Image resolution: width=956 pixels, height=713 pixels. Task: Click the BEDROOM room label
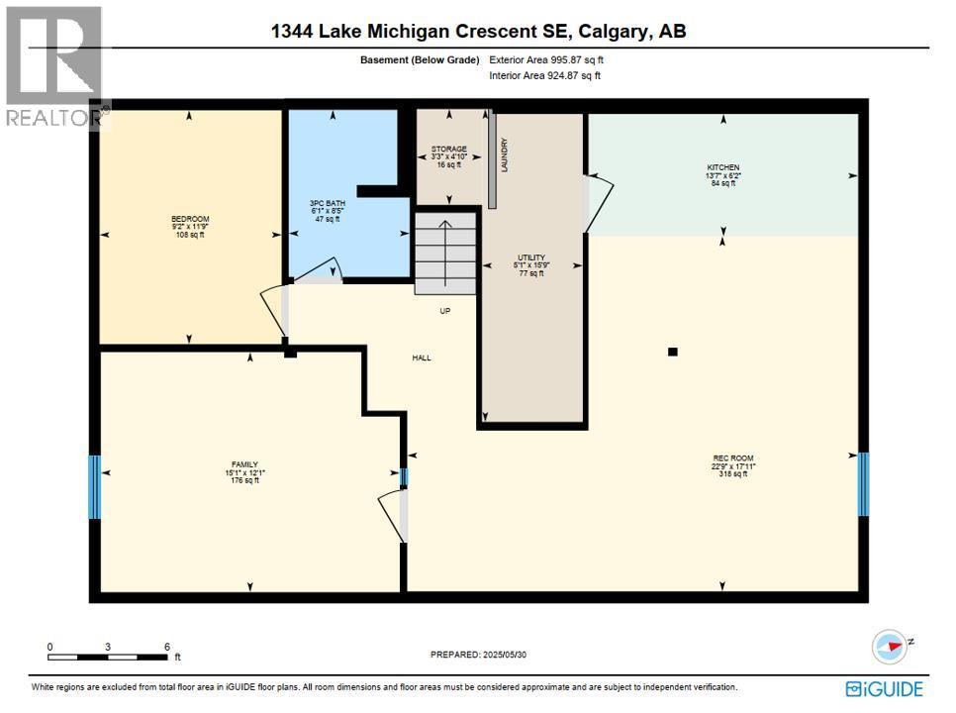[x=190, y=219]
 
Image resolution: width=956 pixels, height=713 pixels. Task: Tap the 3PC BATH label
[x=325, y=204]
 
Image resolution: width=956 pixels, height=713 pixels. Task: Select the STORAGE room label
[x=448, y=150]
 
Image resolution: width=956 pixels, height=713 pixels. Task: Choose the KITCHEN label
[x=722, y=167]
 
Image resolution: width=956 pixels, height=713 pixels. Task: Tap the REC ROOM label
[x=732, y=458]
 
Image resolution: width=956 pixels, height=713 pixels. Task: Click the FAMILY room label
[x=244, y=464]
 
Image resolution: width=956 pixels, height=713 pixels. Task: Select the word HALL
[x=423, y=358]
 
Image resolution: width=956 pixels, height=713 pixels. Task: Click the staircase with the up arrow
[x=445, y=255]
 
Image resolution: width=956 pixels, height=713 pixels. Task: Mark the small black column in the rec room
[x=673, y=351]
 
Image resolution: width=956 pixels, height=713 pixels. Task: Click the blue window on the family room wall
[x=95, y=486]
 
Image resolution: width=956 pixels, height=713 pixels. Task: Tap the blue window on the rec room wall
[x=863, y=483]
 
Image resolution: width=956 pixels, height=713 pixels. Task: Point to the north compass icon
[x=889, y=647]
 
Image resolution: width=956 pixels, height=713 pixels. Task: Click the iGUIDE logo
[x=885, y=688]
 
